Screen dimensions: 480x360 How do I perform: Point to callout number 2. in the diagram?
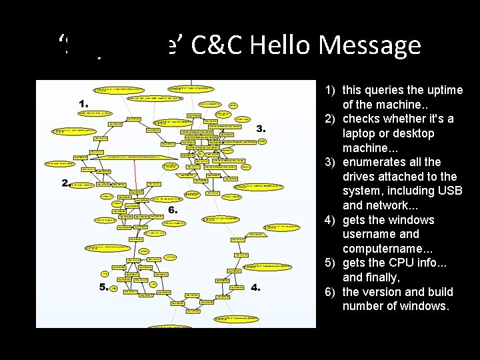[x=67, y=183]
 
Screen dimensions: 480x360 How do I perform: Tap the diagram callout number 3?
[x=261, y=128]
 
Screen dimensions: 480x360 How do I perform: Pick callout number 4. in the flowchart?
[x=256, y=287]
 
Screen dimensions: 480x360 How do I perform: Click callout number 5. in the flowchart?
[x=105, y=287]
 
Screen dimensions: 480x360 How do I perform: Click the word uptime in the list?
[x=444, y=90]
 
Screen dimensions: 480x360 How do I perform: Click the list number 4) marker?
[x=330, y=220]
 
